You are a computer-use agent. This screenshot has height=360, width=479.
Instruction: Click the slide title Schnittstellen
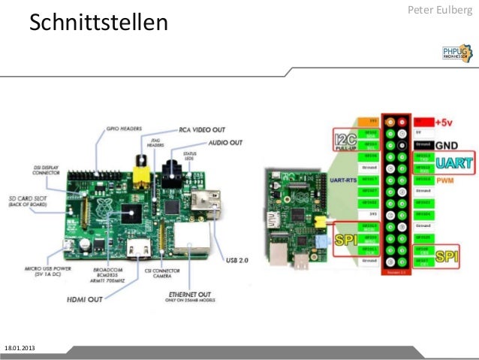tap(98, 24)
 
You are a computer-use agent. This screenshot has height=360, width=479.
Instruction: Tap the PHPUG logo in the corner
tap(456, 51)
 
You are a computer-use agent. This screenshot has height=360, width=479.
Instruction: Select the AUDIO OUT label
tap(225, 142)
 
